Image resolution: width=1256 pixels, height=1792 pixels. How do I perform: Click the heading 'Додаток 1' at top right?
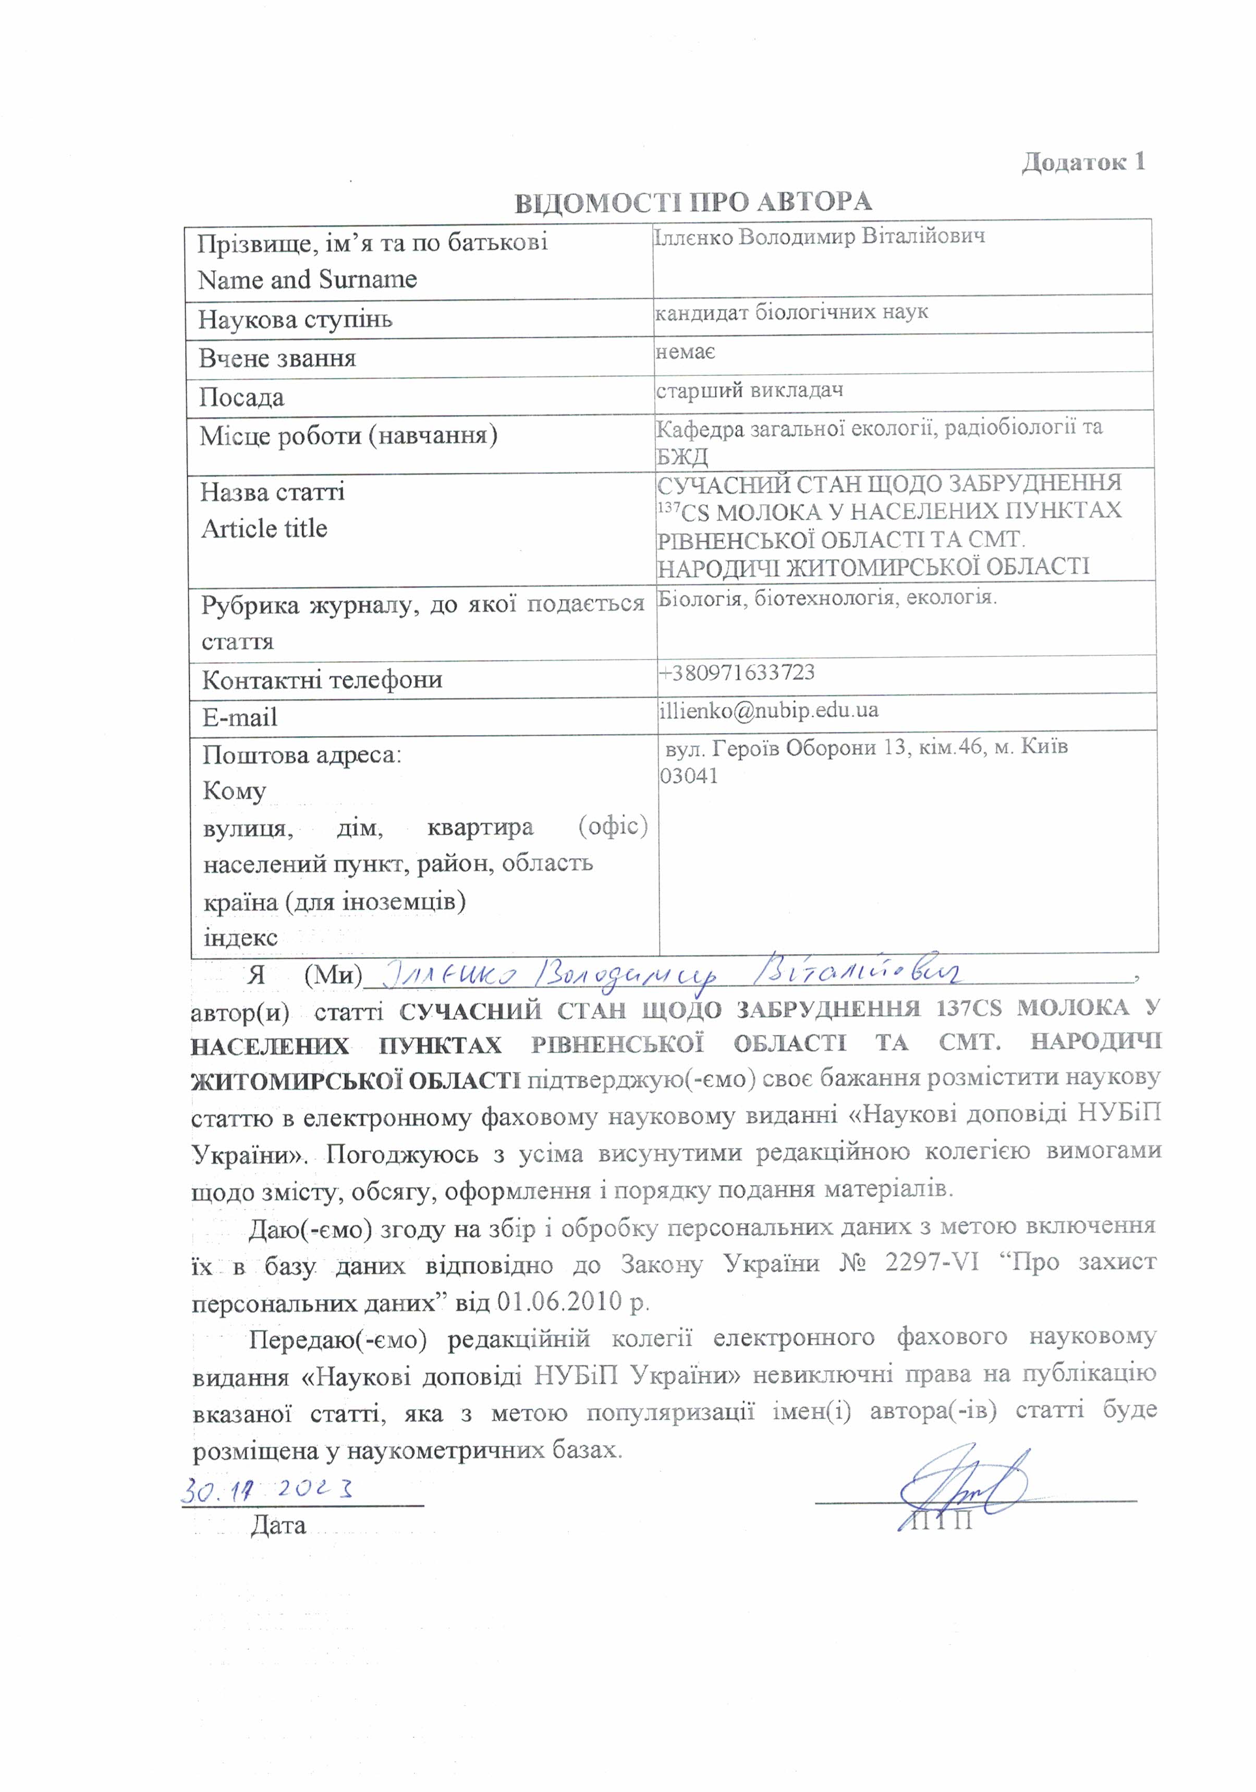click(x=1083, y=162)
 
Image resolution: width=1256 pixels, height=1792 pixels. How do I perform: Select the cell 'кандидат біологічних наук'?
click(x=791, y=313)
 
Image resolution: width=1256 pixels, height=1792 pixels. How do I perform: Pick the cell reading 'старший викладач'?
click(x=749, y=389)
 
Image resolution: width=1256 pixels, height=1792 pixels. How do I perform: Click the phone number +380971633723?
click(x=736, y=672)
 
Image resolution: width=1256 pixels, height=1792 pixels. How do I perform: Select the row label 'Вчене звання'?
click(x=277, y=358)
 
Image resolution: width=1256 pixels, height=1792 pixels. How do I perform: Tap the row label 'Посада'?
click(x=241, y=397)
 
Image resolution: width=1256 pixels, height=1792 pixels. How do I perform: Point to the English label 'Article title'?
click(x=264, y=528)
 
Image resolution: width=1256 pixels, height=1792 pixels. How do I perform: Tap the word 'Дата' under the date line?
click(x=278, y=1525)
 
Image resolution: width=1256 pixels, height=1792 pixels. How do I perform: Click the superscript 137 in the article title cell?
click(x=668, y=507)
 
